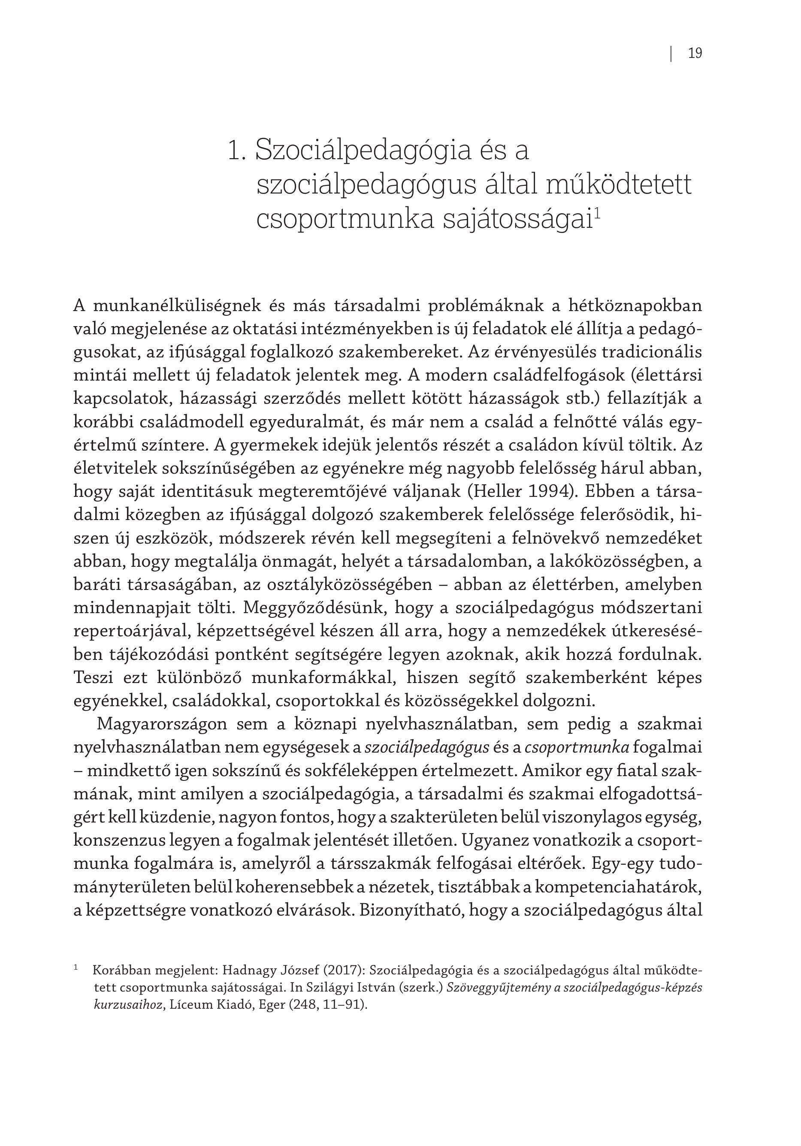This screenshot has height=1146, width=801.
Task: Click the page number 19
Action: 695,53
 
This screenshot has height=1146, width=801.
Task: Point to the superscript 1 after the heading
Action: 597,213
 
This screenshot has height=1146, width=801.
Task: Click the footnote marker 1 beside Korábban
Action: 76,968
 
